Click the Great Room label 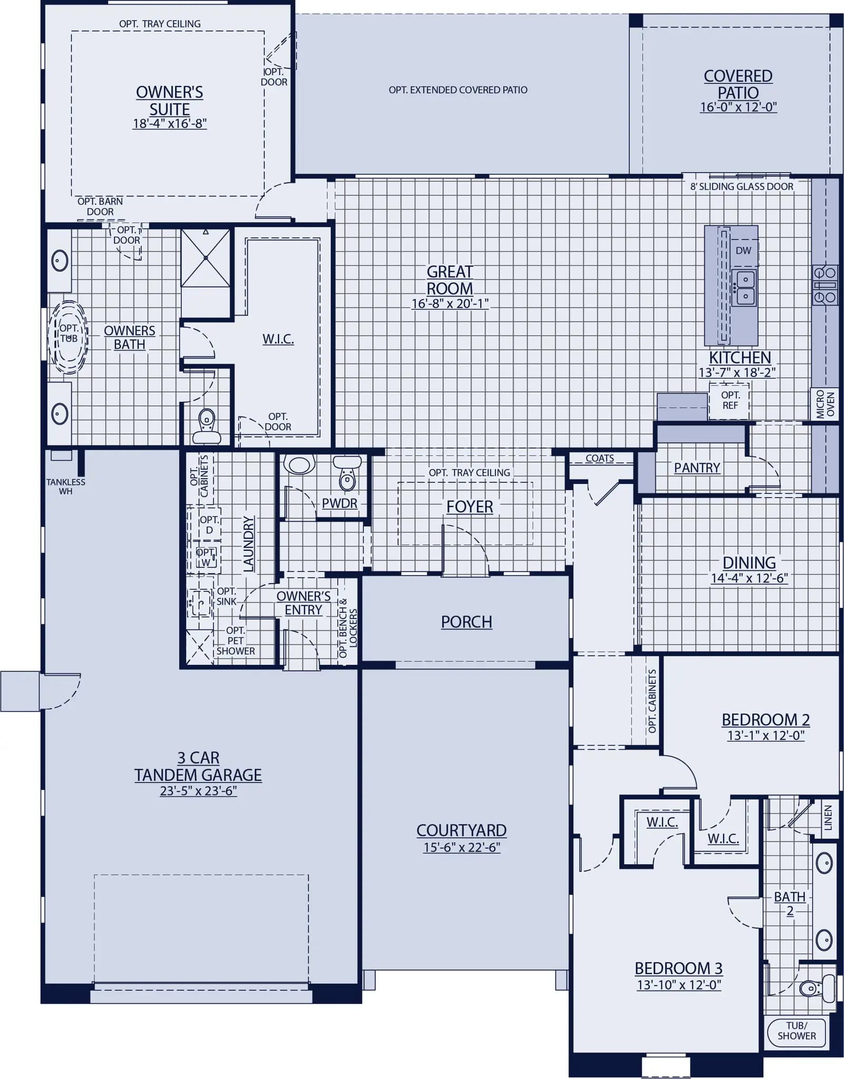pyautogui.click(x=450, y=280)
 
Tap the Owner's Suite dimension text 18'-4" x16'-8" pyautogui.click(x=170, y=124)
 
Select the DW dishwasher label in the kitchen pyautogui.click(x=743, y=251)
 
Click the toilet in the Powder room pyautogui.click(x=347, y=473)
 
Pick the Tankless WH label pyautogui.click(x=65, y=486)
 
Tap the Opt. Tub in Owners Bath pyautogui.click(x=69, y=337)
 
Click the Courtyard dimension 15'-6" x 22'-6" pyautogui.click(x=462, y=848)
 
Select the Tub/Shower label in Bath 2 pyautogui.click(x=797, y=1031)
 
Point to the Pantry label pyautogui.click(x=697, y=468)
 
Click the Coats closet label pyautogui.click(x=600, y=459)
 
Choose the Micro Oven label pyautogui.click(x=826, y=405)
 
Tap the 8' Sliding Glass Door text pyautogui.click(x=742, y=187)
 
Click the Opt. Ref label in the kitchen pyautogui.click(x=730, y=400)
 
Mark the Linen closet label pyautogui.click(x=828, y=818)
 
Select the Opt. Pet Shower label pyautogui.click(x=235, y=641)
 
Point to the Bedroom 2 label pyautogui.click(x=765, y=720)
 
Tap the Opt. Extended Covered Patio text pyautogui.click(x=458, y=90)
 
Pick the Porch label pyautogui.click(x=466, y=622)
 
